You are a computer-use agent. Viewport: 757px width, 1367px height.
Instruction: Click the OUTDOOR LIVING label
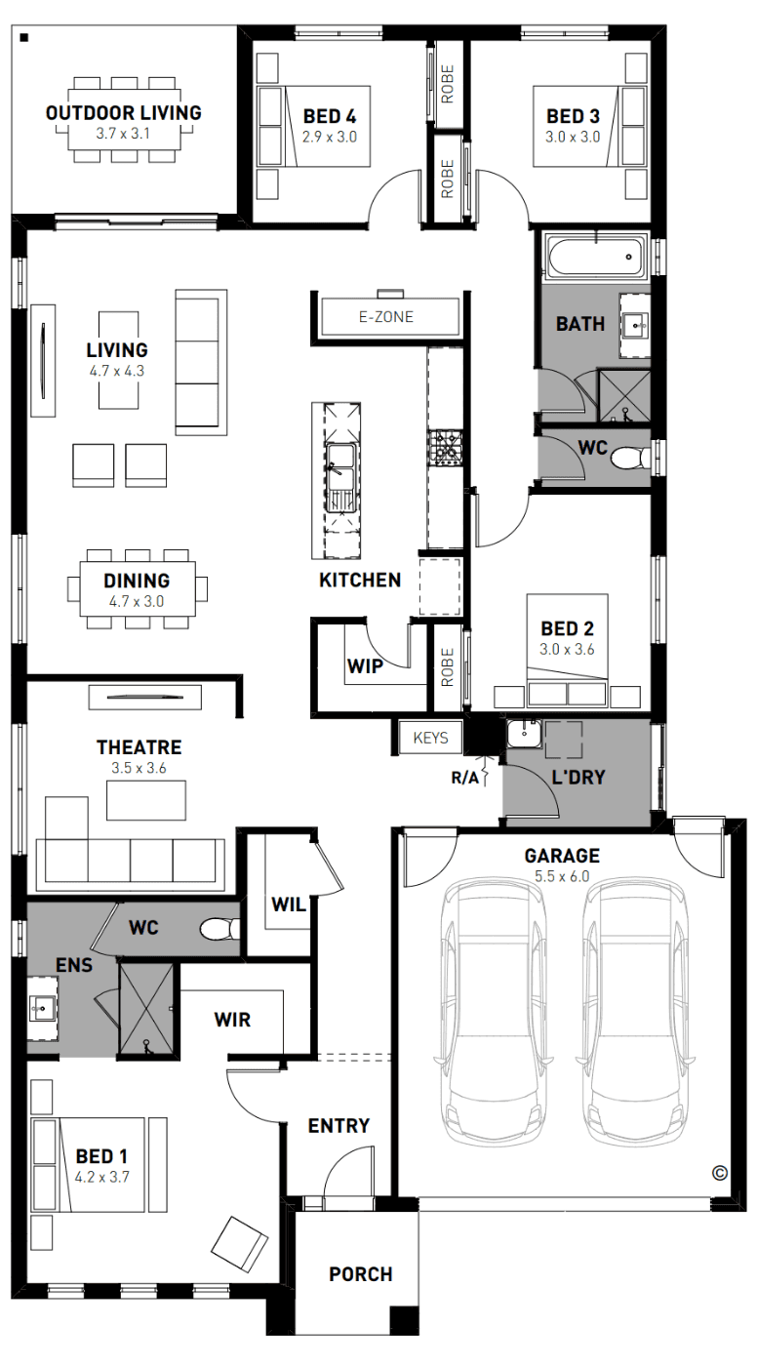tap(123, 113)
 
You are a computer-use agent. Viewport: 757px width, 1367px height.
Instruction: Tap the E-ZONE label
tap(386, 317)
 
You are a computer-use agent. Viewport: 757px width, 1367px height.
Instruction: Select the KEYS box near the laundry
tap(430, 738)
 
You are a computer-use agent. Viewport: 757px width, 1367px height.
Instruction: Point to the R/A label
tap(464, 778)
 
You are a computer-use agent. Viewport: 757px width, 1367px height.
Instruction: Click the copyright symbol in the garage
tap(719, 1173)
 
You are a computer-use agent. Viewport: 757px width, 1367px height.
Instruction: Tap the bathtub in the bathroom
tap(595, 257)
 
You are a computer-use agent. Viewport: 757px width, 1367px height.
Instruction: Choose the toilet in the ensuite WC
tap(219, 930)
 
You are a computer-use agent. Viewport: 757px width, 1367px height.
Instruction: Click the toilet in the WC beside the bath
tap(631, 458)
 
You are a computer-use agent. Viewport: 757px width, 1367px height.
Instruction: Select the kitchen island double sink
tap(340, 477)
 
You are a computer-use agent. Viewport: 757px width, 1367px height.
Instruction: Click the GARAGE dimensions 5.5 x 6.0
tap(562, 876)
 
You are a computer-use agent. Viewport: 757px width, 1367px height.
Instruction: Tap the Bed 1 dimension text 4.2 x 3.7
tap(101, 1177)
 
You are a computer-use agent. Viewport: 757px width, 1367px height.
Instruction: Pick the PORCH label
tap(361, 1274)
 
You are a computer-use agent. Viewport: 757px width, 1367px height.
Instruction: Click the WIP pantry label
tap(365, 665)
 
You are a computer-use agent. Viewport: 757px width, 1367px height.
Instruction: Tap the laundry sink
tap(524, 733)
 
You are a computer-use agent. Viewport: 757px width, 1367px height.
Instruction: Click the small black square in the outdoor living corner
tap(24, 38)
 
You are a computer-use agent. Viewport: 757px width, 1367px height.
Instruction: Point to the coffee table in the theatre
tap(146, 800)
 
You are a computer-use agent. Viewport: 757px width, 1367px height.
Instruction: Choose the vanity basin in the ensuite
tap(42, 1009)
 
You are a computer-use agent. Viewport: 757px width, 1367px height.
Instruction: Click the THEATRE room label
tap(139, 747)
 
